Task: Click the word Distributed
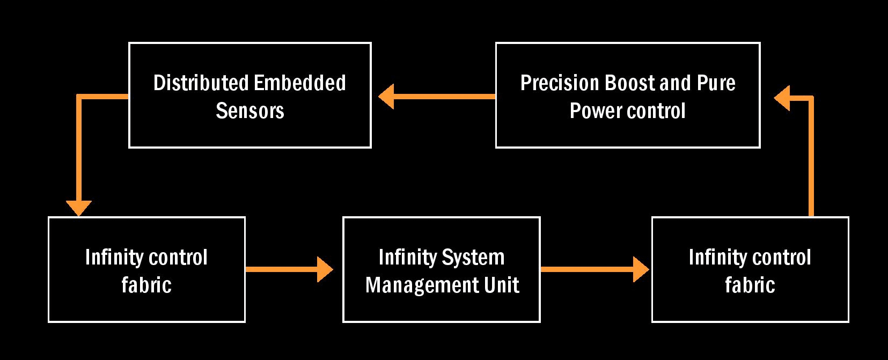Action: point(201,83)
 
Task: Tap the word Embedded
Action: point(300,83)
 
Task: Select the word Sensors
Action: point(250,111)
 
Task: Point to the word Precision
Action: point(560,83)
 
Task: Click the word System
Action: point(473,258)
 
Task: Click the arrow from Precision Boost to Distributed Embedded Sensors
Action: point(437,97)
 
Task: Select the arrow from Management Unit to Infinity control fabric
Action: point(595,269)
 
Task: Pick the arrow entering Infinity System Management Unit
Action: point(289,269)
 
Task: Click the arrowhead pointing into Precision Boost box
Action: point(782,98)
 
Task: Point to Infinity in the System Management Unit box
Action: point(408,258)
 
